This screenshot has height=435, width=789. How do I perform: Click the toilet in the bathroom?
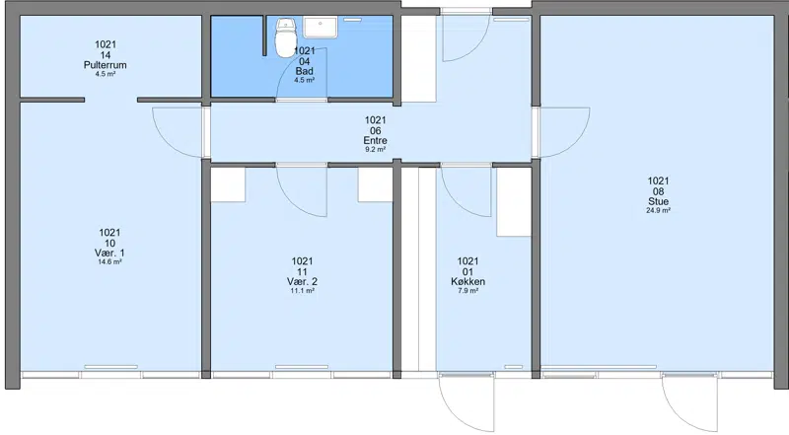click(x=285, y=37)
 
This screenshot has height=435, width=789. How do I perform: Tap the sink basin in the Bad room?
click(x=320, y=28)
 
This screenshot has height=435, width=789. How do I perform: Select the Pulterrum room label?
click(x=106, y=65)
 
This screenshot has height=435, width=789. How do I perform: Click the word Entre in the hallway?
click(x=376, y=140)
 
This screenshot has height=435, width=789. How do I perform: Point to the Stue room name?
click(x=658, y=201)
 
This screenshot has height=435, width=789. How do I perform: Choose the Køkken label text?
click(x=467, y=281)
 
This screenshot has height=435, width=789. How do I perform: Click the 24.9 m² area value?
click(x=658, y=210)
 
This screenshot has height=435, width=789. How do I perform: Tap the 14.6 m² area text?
click(x=109, y=261)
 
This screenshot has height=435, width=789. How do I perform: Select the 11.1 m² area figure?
click(x=303, y=291)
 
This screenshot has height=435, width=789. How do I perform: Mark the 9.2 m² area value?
click(x=376, y=150)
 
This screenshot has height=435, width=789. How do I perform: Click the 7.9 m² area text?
click(x=467, y=291)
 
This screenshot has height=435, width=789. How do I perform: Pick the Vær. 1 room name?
click(x=109, y=253)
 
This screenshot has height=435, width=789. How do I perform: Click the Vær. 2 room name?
click(x=303, y=281)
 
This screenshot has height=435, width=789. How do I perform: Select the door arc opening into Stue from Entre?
click(x=575, y=143)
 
